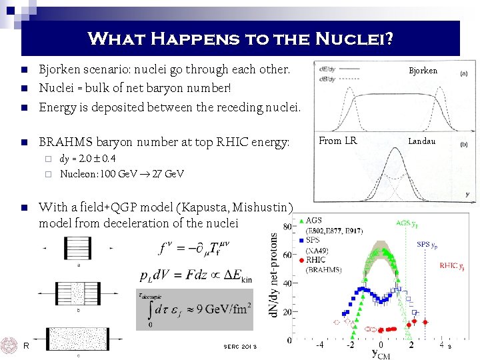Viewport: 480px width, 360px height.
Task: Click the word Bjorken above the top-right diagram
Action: click(423, 71)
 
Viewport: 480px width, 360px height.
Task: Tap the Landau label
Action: click(421, 141)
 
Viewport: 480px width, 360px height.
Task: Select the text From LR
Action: click(337, 141)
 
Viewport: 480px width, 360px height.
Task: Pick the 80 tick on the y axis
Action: click(287, 227)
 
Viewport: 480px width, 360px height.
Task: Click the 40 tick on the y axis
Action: click(287, 283)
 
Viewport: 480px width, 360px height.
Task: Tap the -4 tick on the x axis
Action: click(319, 345)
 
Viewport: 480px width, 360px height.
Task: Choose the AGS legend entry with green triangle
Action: click(313, 221)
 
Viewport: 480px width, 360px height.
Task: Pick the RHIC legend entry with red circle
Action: click(316, 260)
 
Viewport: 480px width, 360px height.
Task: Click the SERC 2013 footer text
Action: click(240, 345)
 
